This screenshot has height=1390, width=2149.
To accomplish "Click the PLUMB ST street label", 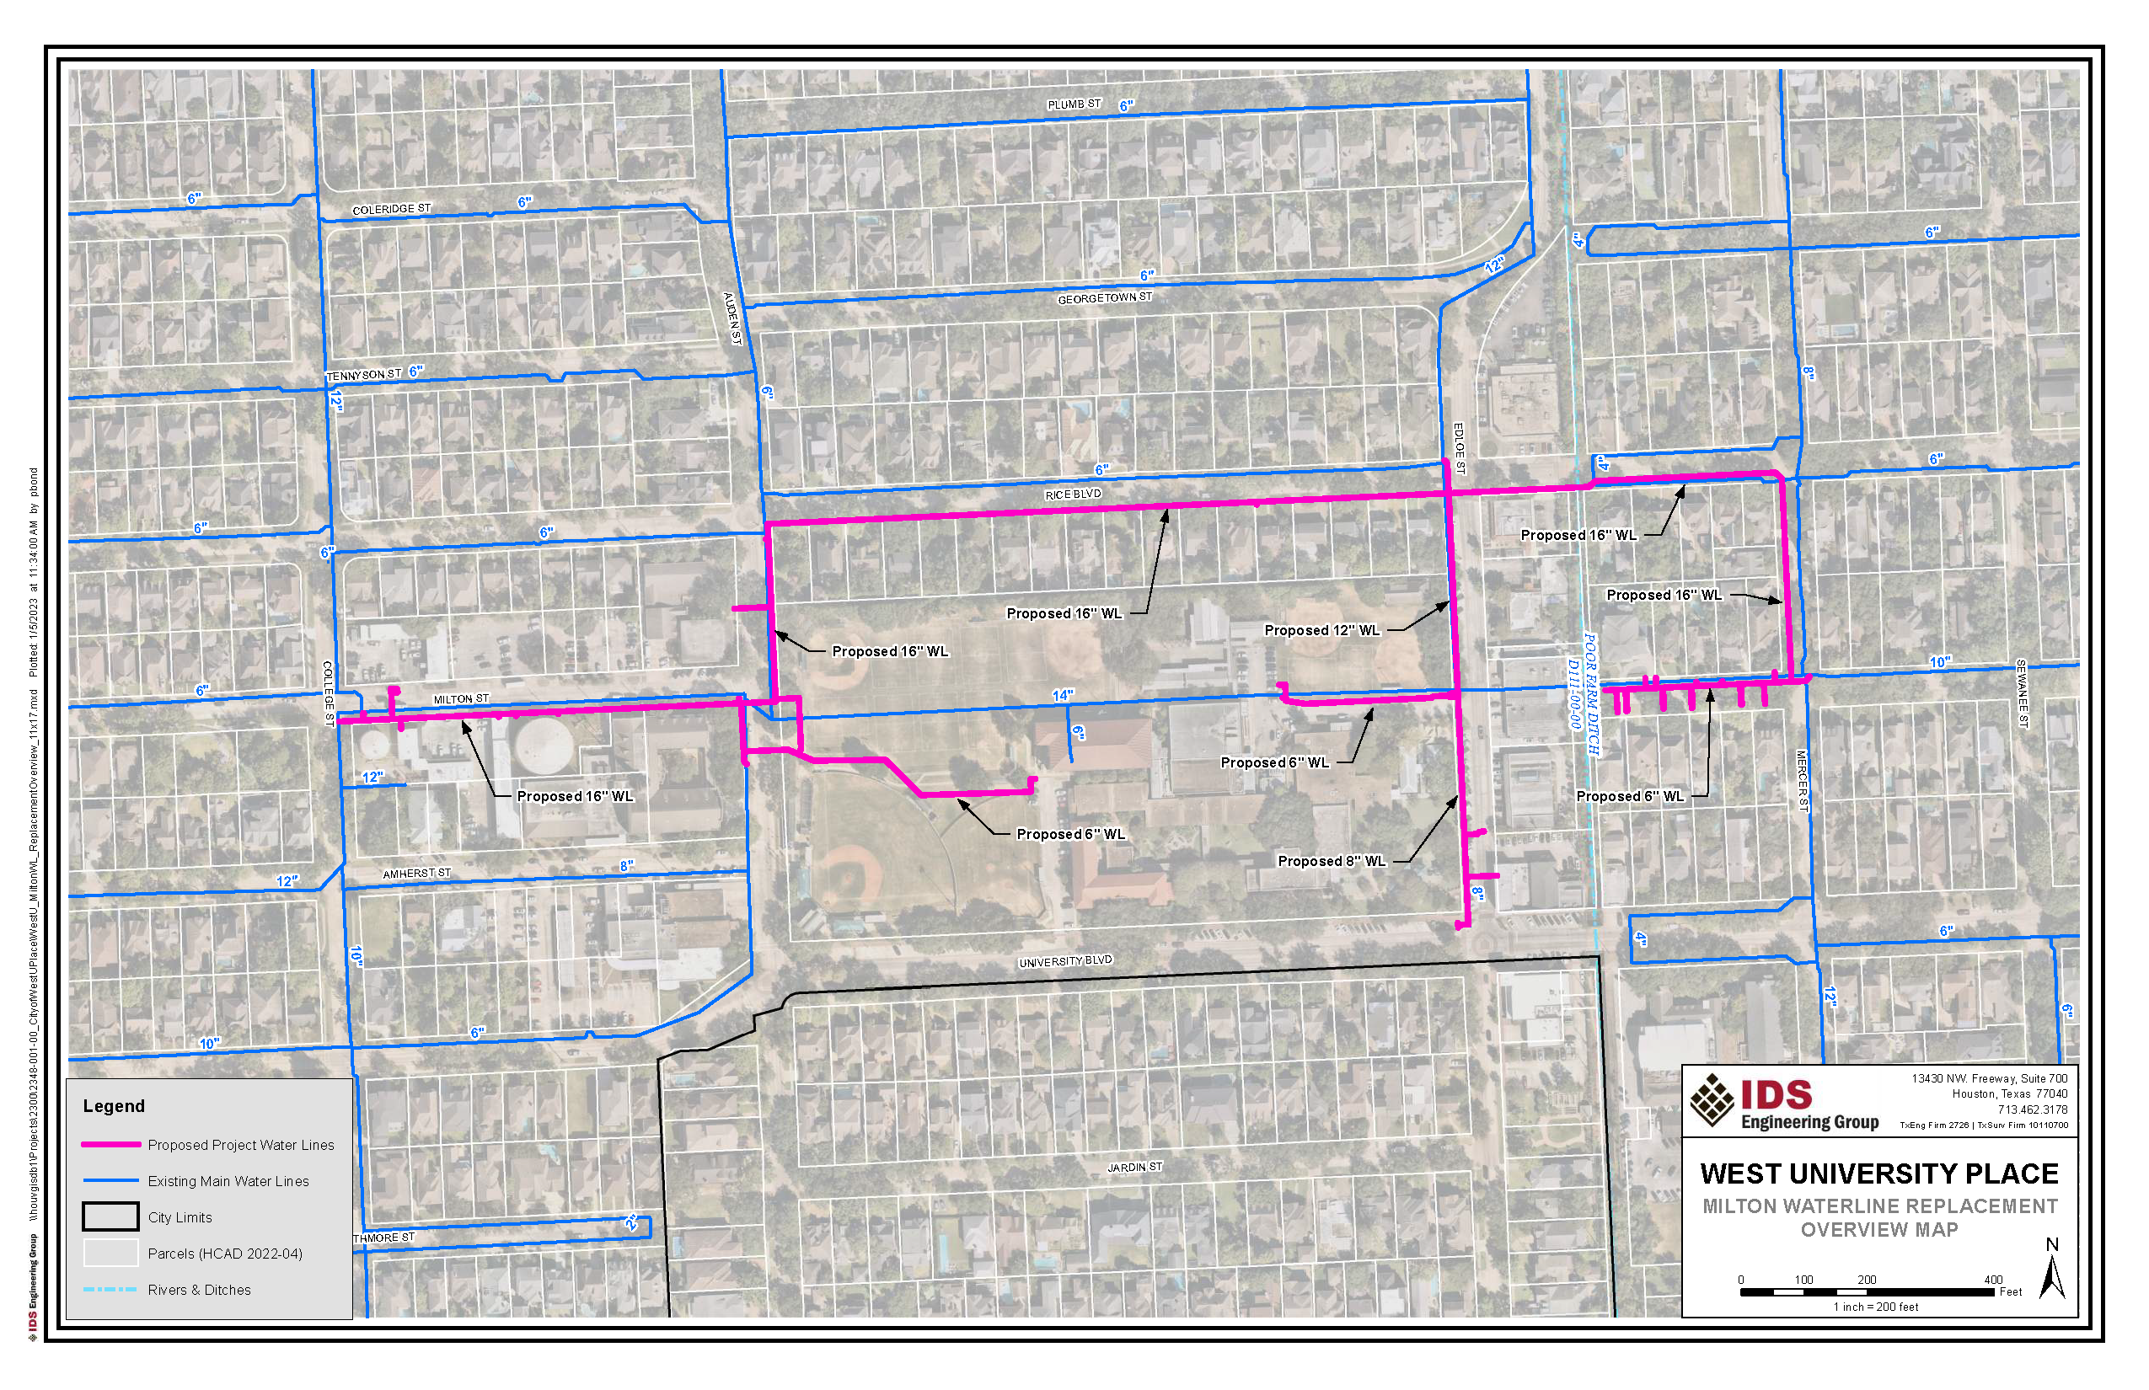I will [1074, 104].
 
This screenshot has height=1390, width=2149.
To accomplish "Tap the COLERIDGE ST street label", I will [391, 210].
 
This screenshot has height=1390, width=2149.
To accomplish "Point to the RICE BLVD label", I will [1073, 495].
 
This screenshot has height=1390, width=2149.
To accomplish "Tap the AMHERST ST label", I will [416, 874].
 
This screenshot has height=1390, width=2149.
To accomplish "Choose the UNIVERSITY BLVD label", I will [1065, 962].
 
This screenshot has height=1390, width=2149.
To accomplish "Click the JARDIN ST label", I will [1135, 1167].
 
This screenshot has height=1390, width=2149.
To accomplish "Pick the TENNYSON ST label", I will [363, 375].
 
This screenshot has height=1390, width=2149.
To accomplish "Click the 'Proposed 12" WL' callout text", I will [1322, 630].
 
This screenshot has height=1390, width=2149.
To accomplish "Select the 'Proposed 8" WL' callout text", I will [1331, 861].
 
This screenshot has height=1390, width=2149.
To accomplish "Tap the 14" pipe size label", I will [1063, 695].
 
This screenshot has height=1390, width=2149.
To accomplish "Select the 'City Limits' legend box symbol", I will [111, 1216].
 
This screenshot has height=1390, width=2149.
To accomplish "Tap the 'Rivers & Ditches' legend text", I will [200, 1290].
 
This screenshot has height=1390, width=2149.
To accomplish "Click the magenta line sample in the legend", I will [111, 1145].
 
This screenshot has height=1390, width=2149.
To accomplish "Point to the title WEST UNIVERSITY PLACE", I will [1879, 1173].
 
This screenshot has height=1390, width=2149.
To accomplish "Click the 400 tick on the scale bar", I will [1993, 1280].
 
